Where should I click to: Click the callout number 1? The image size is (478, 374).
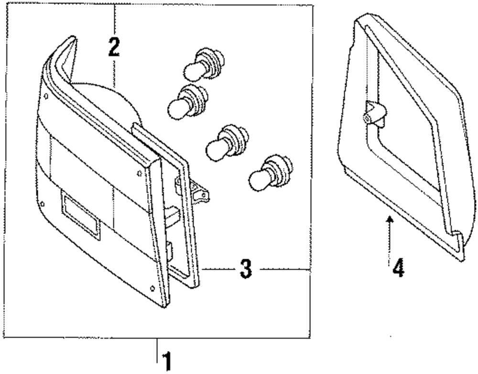[x=166, y=362]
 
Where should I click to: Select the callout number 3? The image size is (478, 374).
[x=245, y=270]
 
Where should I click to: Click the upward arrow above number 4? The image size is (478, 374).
[x=391, y=230]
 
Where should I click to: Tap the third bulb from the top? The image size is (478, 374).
[x=224, y=141]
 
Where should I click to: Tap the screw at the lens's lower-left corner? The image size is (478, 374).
[x=43, y=203]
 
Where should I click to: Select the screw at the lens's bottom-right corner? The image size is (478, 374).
[x=152, y=288]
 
